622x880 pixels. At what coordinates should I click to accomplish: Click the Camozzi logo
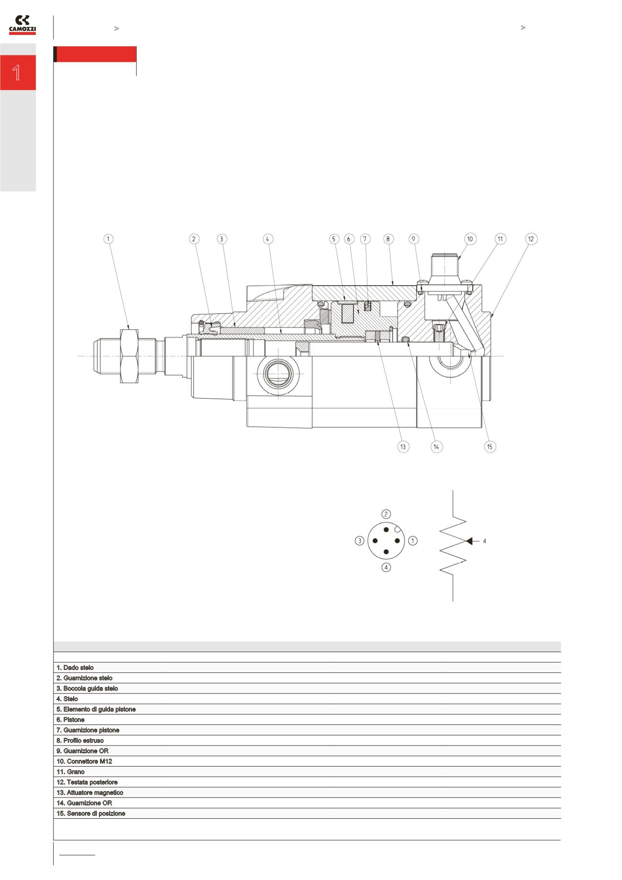coord(22,25)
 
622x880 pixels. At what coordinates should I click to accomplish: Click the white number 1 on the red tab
coord(17,73)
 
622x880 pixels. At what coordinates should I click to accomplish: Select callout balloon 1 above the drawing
coord(109,239)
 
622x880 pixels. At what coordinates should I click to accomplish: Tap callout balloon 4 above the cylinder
coord(268,239)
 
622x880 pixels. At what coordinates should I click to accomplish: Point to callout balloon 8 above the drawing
coord(388,239)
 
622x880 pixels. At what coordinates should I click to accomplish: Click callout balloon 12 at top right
coord(531,239)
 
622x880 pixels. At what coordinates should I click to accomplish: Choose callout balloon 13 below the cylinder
coord(403,446)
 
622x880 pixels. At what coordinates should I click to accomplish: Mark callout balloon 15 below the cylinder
coord(489,446)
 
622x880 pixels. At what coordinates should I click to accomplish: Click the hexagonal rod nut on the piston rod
coord(130,355)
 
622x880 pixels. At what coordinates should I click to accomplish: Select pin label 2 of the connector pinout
coord(386,514)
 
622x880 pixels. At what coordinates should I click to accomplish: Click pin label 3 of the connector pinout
coord(359,541)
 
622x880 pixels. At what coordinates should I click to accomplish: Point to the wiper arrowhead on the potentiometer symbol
coord(470,541)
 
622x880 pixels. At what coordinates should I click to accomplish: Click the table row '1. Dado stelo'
coord(75,668)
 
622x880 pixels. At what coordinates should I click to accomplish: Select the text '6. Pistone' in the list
coord(70,720)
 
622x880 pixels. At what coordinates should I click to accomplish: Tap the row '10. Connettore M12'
coord(84,761)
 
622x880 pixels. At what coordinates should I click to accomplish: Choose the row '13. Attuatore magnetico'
coord(89,792)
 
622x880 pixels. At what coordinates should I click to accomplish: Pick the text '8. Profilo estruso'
coord(80,740)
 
